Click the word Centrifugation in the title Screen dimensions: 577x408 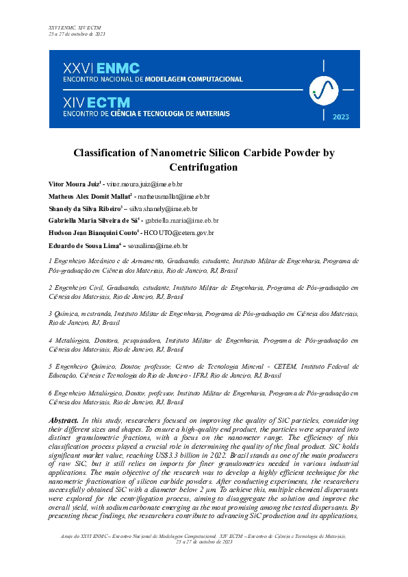click(203, 167)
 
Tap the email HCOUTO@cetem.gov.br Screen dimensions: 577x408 click(181, 233)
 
